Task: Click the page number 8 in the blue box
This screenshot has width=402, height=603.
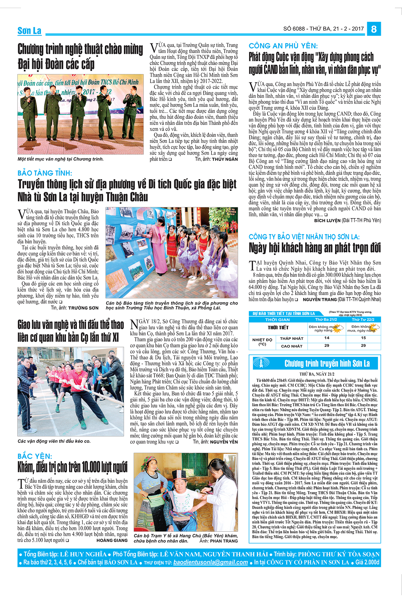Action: (374, 29)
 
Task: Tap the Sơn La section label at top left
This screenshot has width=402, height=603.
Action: (29, 31)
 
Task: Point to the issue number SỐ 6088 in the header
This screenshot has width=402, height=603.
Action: (294, 29)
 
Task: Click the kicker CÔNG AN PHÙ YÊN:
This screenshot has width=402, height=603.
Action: (283, 46)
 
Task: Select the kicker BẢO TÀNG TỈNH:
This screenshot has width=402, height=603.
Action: (45, 173)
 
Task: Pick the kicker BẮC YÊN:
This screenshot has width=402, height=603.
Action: (35, 456)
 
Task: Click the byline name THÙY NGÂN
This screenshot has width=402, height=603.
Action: (225, 159)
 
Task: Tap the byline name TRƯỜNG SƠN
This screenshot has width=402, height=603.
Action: (83, 308)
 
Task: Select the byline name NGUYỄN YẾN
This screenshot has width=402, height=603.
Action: (224, 442)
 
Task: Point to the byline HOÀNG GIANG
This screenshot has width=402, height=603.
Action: (112, 540)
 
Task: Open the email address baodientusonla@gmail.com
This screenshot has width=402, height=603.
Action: (210, 562)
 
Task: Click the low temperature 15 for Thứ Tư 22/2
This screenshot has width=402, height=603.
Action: (363, 338)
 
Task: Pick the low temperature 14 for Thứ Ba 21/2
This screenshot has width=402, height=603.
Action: (327, 338)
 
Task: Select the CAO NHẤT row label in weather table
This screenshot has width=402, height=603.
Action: (292, 346)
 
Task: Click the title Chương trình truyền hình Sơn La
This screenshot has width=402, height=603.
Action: (327, 363)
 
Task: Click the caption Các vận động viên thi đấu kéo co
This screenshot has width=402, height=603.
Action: (54, 441)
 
